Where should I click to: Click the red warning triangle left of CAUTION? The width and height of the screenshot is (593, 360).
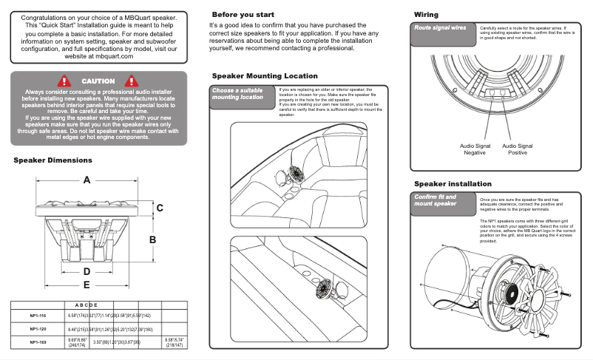click(66, 81)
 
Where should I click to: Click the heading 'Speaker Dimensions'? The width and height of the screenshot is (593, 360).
click(52, 160)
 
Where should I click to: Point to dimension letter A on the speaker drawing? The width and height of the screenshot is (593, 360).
click(87, 180)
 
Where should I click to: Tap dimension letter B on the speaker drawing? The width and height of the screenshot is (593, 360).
click(152, 240)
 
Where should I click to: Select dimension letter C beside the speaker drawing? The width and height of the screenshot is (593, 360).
click(159, 209)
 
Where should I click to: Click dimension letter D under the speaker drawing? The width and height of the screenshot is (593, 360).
click(87, 271)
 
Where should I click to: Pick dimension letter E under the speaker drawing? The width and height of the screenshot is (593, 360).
click(87, 285)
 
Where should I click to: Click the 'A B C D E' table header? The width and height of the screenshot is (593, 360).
click(87, 305)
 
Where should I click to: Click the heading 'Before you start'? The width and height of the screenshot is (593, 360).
click(243, 15)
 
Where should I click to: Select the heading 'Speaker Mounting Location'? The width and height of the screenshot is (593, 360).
click(265, 76)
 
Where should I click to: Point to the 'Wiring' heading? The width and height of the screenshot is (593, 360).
click(426, 15)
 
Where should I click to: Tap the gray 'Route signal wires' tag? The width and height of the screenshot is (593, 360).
click(440, 27)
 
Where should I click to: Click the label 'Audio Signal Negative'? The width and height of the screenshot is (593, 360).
click(475, 150)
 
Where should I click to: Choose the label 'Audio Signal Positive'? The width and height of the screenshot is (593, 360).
click(518, 150)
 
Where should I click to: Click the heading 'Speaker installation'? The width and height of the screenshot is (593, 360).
click(453, 184)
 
